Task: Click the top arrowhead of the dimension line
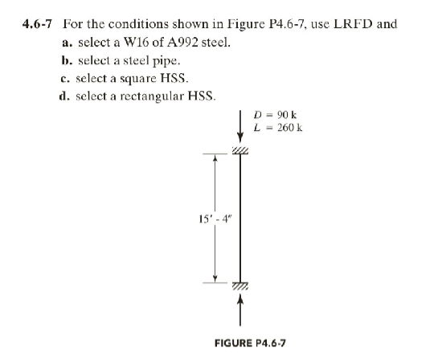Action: pos(215,158)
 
